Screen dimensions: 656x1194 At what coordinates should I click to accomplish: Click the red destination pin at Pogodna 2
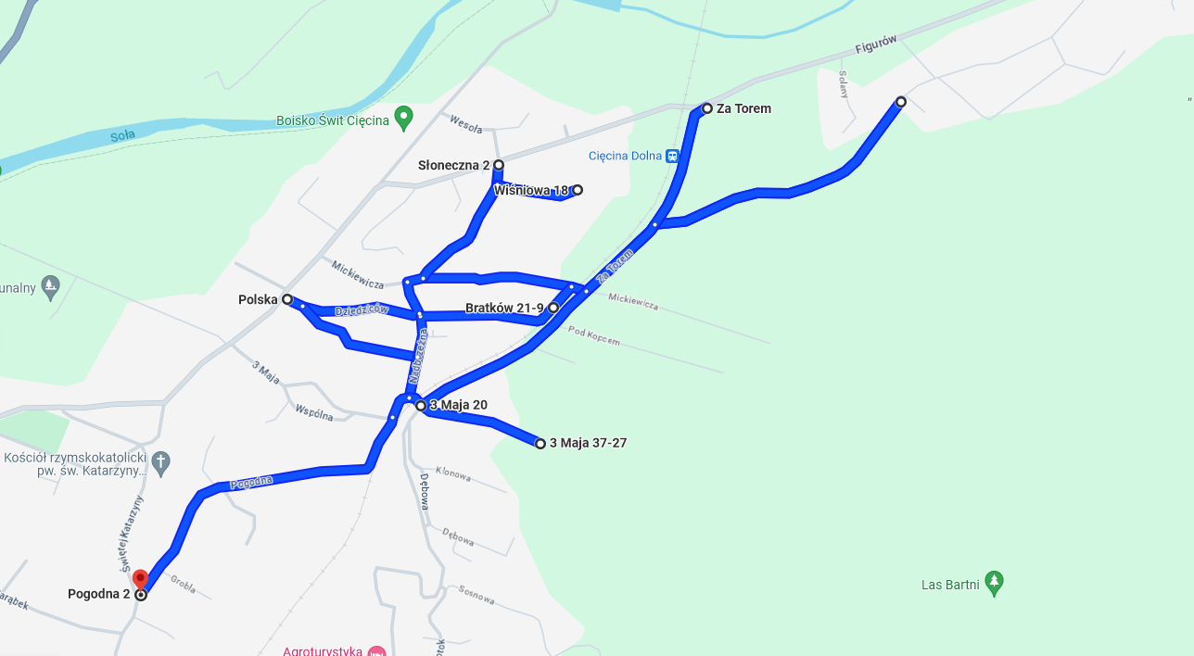click(140, 579)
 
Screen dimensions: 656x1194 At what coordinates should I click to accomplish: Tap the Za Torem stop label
click(743, 108)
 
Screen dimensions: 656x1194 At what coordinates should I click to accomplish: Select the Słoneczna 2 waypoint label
click(453, 165)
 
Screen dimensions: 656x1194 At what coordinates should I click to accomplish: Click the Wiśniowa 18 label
click(530, 190)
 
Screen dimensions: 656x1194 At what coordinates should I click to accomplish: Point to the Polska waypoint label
click(258, 299)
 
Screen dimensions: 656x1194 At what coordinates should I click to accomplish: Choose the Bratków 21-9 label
click(504, 308)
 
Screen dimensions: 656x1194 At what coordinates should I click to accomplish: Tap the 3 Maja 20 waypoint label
click(458, 405)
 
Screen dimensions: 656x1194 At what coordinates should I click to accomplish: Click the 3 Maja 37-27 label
click(588, 443)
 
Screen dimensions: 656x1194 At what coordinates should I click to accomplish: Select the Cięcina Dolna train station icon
click(672, 156)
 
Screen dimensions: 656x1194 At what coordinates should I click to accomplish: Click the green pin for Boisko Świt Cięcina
click(403, 118)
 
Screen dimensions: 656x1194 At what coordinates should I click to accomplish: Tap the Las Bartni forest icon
click(994, 582)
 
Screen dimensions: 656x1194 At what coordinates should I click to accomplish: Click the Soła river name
click(122, 135)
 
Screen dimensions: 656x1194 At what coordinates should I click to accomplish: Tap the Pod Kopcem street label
click(594, 336)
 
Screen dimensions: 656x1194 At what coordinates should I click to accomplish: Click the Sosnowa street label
click(476, 593)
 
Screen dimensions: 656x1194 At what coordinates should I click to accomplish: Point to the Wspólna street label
click(313, 412)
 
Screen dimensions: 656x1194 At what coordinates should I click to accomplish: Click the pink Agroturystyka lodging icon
click(375, 650)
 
